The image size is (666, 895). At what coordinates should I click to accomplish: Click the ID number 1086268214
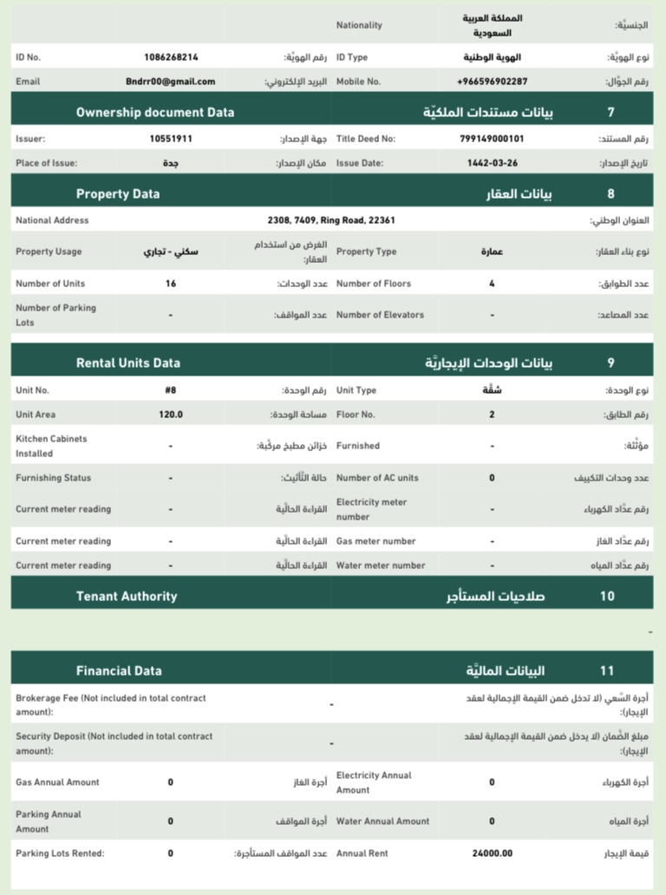171,57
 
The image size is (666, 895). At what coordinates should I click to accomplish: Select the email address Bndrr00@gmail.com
171,82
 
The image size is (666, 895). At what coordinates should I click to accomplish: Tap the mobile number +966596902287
492,82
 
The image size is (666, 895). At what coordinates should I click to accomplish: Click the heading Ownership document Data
155,112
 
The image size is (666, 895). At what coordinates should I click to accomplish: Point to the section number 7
610,112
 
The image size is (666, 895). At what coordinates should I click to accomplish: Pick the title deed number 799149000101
492,138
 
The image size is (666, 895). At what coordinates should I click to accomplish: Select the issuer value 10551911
171,138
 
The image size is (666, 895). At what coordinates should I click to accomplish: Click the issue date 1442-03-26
492,162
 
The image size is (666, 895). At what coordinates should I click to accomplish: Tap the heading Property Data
118,194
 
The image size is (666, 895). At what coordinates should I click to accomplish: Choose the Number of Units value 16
171,284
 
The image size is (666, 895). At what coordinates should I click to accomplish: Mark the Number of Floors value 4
492,284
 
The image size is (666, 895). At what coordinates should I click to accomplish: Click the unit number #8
171,390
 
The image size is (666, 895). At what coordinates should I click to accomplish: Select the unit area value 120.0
171,415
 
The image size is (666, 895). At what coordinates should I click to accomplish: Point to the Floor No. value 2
492,415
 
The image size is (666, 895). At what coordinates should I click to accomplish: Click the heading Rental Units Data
128,363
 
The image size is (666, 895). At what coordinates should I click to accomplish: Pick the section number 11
607,670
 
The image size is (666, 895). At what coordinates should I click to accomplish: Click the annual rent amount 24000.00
492,853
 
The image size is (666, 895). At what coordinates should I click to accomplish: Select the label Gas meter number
375,541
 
